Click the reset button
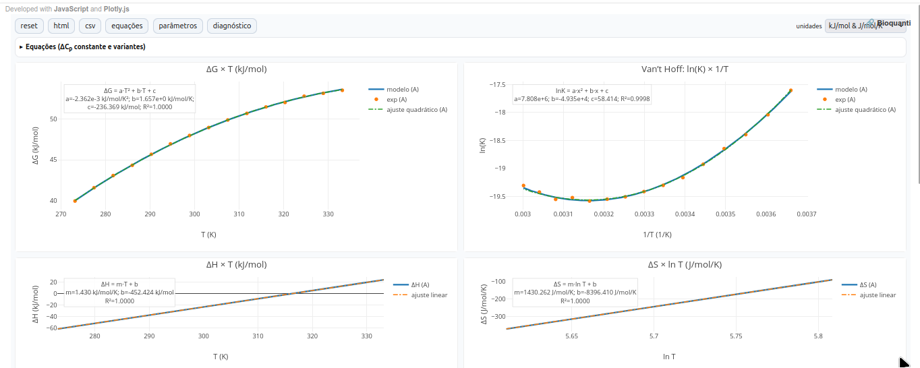point(29,26)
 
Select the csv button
point(90,26)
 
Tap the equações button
point(127,26)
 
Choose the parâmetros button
point(177,26)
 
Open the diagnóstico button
point(231,26)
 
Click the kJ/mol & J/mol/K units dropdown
point(865,26)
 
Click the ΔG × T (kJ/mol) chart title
point(236,69)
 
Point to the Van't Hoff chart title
point(685,69)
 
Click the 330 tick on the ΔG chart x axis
point(328,214)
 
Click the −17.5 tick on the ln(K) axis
point(497,85)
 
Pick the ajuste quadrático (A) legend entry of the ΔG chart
point(416,109)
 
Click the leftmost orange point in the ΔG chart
point(75,201)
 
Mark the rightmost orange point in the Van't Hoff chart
point(790,90)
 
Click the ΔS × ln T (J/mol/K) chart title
point(685,265)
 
